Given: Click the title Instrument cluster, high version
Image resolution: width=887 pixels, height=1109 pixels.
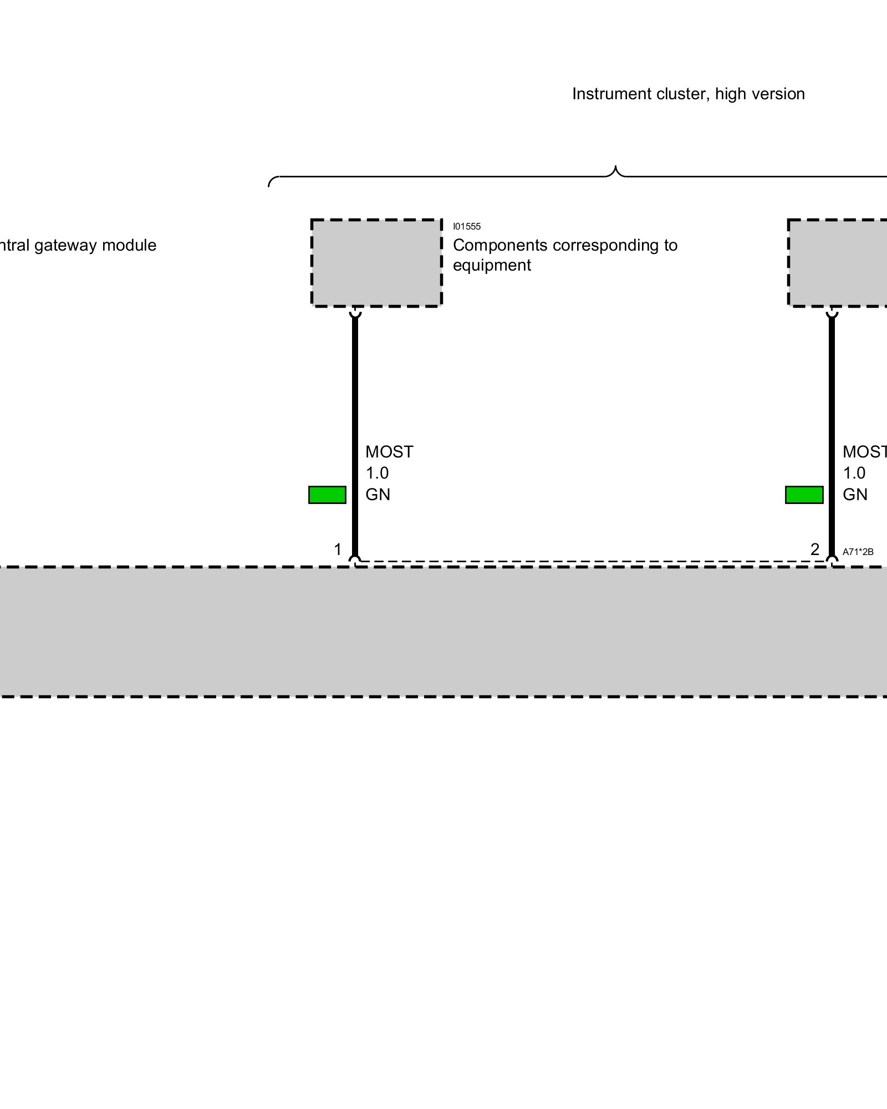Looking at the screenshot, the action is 688,94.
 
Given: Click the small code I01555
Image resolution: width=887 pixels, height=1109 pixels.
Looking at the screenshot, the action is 467,226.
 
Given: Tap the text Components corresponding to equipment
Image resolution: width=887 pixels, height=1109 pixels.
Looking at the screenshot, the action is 564,255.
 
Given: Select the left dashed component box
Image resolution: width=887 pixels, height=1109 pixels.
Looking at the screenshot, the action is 376,263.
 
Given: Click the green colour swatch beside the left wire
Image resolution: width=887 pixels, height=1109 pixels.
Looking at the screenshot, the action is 327,495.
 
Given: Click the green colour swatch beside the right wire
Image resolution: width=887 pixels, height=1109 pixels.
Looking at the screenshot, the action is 804,495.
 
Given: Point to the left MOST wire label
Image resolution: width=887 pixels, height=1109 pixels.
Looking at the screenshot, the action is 389,452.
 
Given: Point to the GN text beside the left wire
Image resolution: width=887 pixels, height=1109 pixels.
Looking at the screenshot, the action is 378,495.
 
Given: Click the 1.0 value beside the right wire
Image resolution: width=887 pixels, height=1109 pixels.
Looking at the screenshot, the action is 854,473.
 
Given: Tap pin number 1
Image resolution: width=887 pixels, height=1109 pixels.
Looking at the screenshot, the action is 338,550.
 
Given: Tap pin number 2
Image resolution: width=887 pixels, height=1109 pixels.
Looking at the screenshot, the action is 814,550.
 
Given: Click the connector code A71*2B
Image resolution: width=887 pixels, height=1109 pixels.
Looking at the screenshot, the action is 858,552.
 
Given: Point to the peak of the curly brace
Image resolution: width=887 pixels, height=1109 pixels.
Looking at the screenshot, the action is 615,167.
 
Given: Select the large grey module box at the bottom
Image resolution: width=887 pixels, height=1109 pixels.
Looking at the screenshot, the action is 443,632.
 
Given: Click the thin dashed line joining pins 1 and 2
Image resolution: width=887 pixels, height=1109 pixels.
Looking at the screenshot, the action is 593,561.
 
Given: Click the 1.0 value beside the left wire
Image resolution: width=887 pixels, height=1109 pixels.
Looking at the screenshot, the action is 377,473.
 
